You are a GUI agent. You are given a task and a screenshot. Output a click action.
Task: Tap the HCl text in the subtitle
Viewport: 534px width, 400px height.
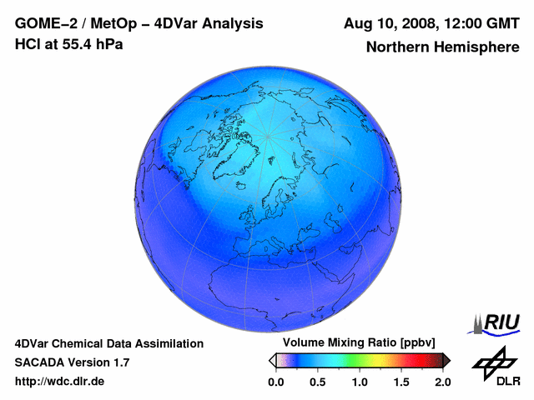28,44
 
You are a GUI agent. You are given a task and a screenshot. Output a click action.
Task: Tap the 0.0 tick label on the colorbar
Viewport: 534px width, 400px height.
275,382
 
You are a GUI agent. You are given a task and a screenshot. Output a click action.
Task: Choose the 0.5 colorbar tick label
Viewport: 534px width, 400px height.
318,382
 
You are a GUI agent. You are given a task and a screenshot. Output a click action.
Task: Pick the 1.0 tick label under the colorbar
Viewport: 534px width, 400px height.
360,382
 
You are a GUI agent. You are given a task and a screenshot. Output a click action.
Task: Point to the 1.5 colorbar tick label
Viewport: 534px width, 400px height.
401,382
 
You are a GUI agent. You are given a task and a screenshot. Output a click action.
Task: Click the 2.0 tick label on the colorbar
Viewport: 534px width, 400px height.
443,382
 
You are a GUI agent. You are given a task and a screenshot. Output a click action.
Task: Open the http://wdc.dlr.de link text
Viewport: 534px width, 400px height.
60,382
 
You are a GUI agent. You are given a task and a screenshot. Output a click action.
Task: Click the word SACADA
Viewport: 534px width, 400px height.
39,362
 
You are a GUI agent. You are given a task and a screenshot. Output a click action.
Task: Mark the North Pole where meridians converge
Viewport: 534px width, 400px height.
268,135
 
